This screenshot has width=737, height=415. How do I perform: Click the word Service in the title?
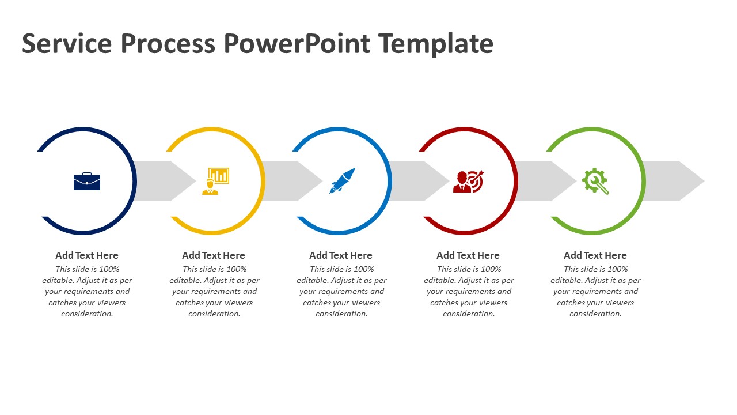67,43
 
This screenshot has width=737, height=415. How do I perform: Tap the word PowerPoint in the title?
297,43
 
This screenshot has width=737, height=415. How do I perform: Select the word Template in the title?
436,44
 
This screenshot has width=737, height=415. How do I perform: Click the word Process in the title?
168,43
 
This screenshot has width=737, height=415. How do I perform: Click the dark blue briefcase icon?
87,181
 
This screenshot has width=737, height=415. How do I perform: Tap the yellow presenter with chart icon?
215,181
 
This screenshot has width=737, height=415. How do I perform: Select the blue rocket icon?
342,181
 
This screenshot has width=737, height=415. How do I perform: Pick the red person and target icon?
468,182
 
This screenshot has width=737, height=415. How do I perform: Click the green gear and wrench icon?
595,181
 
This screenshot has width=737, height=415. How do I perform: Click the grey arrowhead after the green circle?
691,181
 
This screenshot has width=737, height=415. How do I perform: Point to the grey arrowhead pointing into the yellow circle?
183,181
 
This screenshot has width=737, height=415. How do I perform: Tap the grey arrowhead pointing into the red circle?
436,181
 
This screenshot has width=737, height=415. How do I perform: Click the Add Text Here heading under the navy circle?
87,255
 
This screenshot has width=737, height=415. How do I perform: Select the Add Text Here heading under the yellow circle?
214,255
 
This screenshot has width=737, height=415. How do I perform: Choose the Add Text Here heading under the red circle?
468,255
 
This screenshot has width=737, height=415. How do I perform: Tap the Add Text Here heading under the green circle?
595,255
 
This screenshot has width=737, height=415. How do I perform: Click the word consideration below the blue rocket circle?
341,314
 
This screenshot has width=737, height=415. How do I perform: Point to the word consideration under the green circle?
595,314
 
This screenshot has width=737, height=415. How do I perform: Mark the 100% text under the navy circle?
109,269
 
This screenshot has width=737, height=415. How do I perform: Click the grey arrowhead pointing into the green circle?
564,181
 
